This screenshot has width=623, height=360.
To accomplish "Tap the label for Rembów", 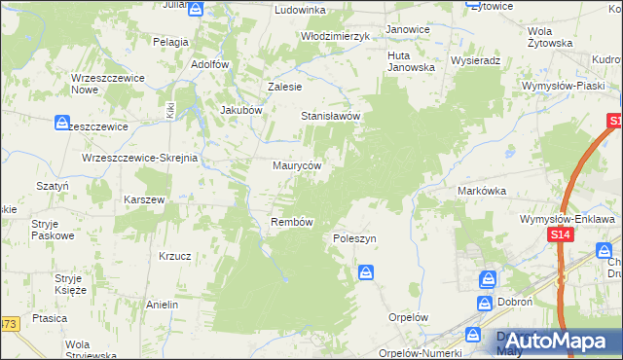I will [x=291, y=222].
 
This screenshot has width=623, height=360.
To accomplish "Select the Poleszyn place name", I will [x=354, y=238].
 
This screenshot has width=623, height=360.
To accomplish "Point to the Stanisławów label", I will [x=330, y=117].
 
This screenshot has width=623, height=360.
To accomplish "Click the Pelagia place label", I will [x=170, y=42].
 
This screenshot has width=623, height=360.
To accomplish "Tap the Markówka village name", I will [x=482, y=192].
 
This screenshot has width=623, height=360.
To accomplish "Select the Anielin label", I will [x=162, y=305].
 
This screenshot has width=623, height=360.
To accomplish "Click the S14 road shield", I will [x=559, y=235].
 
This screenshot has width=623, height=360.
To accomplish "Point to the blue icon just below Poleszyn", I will [x=365, y=272].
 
